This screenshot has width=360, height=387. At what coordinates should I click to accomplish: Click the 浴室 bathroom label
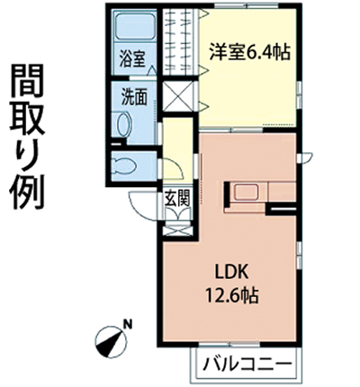click(x=132, y=58)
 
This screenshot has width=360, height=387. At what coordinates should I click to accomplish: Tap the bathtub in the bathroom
click(x=135, y=26)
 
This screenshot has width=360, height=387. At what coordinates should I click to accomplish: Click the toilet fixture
click(x=123, y=166)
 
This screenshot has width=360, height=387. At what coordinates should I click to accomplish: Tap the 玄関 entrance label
click(x=177, y=198)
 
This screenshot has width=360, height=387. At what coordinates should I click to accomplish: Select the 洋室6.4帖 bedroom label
click(x=249, y=52)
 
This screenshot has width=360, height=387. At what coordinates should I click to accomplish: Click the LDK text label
click(x=230, y=273)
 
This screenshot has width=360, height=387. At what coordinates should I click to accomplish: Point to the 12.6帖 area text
click(x=231, y=295)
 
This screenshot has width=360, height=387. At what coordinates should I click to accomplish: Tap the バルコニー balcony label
click(x=247, y=364)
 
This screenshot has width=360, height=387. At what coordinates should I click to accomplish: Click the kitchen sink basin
click(x=245, y=192)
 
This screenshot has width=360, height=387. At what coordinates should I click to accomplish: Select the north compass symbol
click(x=111, y=341)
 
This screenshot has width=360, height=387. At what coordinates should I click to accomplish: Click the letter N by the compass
click(x=129, y=324)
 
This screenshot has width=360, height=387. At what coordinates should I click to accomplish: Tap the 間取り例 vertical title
click(x=27, y=137)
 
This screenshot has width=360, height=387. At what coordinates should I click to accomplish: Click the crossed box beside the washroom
click(x=179, y=95)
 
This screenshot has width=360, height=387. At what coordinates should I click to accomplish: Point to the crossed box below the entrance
click(x=177, y=230)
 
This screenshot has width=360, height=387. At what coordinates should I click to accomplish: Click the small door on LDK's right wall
click(x=305, y=157)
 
